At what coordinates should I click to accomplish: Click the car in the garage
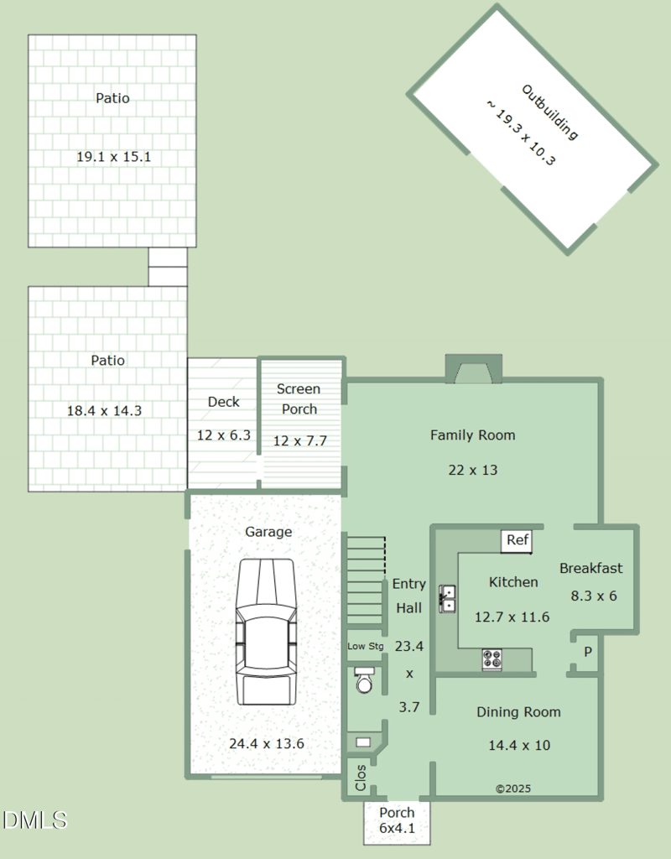point(266,632)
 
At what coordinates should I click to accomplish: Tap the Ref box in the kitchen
point(517,541)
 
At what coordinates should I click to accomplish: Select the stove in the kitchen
point(492,659)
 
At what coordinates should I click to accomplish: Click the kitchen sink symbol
point(448,599)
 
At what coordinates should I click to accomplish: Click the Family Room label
point(473,435)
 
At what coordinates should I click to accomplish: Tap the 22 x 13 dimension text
point(473,470)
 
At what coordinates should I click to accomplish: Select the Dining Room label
point(518,711)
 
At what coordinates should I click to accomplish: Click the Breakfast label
point(591,568)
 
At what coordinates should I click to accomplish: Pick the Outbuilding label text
point(549,112)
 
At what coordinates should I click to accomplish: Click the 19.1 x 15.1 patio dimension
point(113,157)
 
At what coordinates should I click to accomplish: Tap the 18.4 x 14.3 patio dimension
point(104,410)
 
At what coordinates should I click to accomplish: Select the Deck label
point(223,402)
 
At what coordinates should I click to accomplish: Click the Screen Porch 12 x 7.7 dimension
point(300,440)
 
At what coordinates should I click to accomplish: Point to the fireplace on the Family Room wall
point(474,369)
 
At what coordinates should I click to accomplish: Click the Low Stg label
point(366,647)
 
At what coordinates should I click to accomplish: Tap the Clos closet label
point(361,778)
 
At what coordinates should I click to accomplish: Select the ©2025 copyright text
point(513,789)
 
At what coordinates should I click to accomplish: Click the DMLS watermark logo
point(34,820)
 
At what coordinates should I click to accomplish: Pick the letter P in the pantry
point(588,651)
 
